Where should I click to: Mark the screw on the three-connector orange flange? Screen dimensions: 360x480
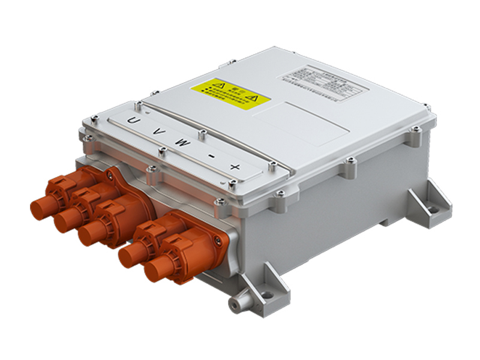tap(110, 176)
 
